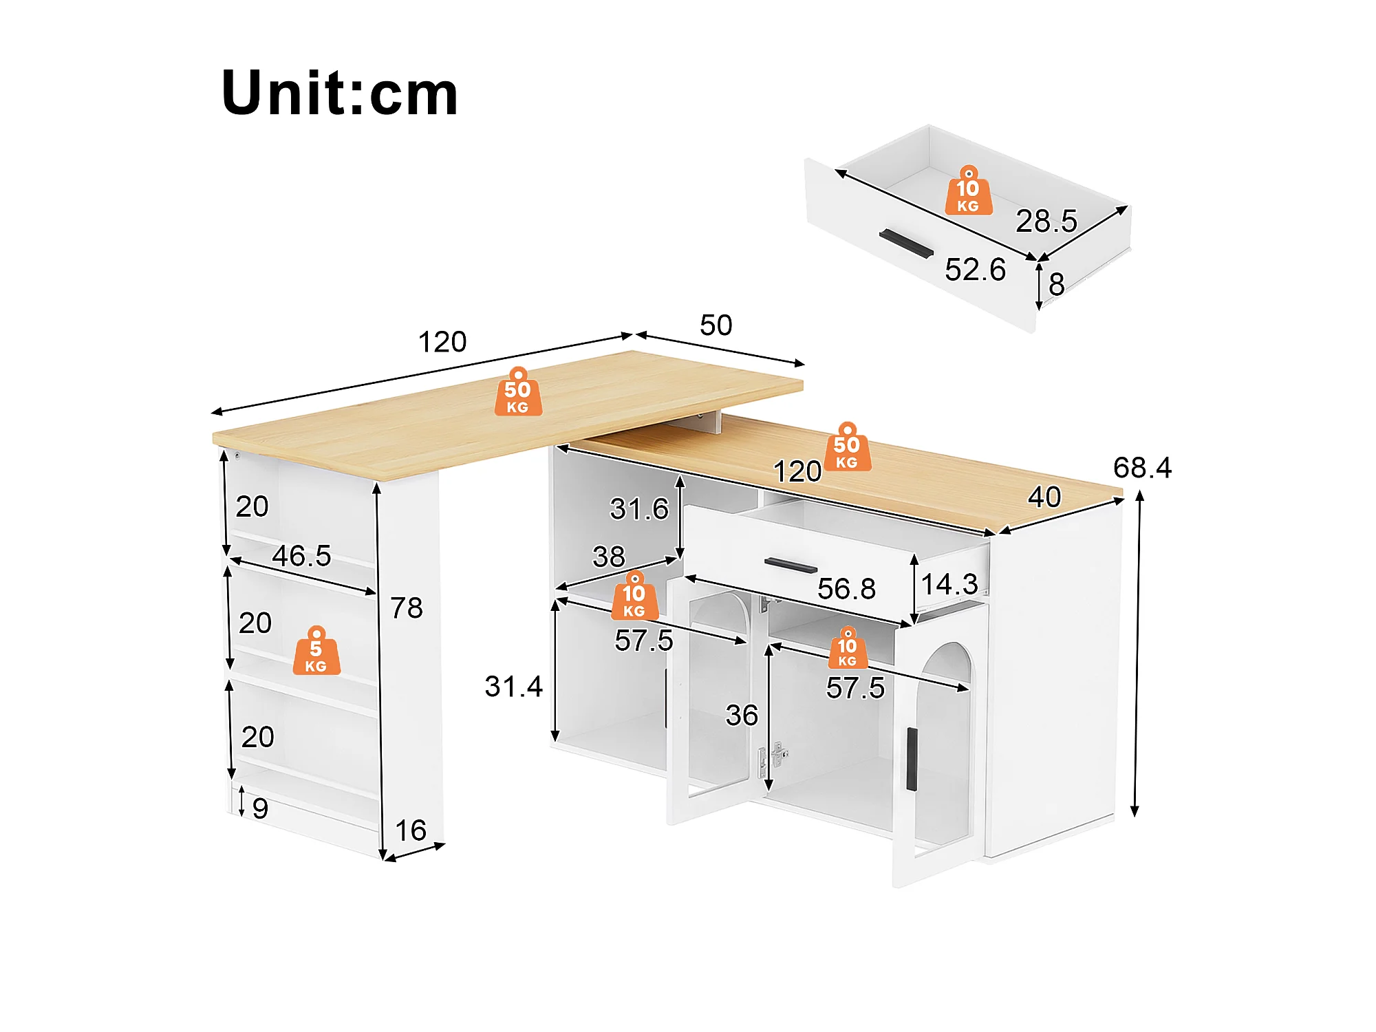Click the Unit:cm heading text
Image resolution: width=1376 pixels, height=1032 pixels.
(339, 93)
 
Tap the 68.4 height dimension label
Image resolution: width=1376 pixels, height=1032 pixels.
(1142, 468)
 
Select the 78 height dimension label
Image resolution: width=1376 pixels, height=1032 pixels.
(407, 608)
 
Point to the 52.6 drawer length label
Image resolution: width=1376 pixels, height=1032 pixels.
(975, 270)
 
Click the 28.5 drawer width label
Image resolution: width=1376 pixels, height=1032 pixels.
(1046, 221)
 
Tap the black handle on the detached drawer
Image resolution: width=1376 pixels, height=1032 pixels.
(906, 244)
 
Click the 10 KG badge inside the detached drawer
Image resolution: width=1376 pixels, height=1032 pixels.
(969, 191)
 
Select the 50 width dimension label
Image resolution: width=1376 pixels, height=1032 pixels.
(716, 325)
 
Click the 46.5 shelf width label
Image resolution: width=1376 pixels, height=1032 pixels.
(301, 556)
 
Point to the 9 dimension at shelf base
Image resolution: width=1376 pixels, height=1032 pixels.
(260, 808)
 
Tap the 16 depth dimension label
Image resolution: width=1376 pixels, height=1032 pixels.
(411, 830)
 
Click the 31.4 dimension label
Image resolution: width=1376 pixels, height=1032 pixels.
(513, 687)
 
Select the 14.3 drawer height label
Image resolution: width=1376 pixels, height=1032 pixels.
(949, 585)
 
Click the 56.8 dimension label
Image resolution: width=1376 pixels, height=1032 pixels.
(846, 589)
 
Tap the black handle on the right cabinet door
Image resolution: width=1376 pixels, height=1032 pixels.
(912, 759)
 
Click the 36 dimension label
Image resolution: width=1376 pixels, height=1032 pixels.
(742, 716)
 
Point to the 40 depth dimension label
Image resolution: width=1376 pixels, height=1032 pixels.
(1044, 497)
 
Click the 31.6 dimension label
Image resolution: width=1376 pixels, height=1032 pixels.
(639, 509)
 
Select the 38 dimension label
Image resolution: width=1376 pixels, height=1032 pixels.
(609, 557)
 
